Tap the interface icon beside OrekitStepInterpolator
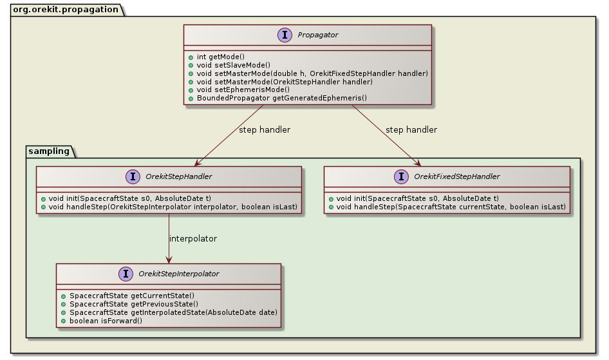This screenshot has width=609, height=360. pyautogui.click(x=124, y=274)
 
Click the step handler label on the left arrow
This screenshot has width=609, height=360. pyautogui.click(x=264, y=130)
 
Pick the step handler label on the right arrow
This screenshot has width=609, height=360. pyautogui.click(x=411, y=130)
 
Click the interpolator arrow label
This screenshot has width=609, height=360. pyautogui.click(x=192, y=239)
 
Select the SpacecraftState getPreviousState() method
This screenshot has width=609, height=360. pyautogui.click(x=133, y=303)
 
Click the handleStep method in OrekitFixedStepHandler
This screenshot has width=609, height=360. pyautogui.click(x=446, y=206)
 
